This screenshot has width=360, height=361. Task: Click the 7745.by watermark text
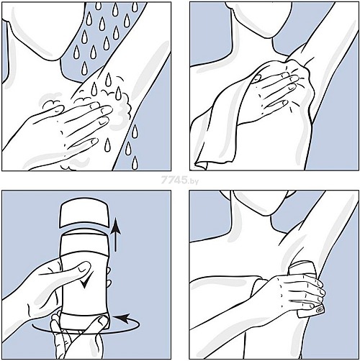[x=180, y=180]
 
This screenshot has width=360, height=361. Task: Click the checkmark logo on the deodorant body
[x=86, y=280]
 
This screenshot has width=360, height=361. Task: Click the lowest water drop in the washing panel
[x=135, y=163]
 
